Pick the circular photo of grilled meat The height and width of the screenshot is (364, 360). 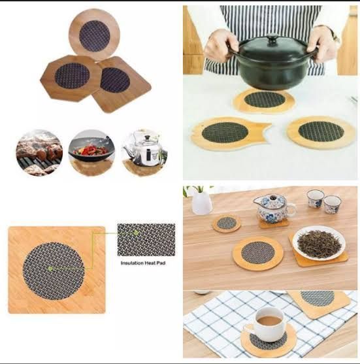(x=39, y=152)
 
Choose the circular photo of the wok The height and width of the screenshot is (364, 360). (x=91, y=152)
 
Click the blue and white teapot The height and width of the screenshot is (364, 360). (x=274, y=207)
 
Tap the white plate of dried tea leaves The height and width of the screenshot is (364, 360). (x=319, y=244)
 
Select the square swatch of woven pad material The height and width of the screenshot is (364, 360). (x=146, y=240)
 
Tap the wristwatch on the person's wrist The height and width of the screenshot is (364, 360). (x=335, y=35)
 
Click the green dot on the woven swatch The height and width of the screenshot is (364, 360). (x=137, y=232)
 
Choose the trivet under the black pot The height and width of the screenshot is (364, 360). (x=264, y=100)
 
